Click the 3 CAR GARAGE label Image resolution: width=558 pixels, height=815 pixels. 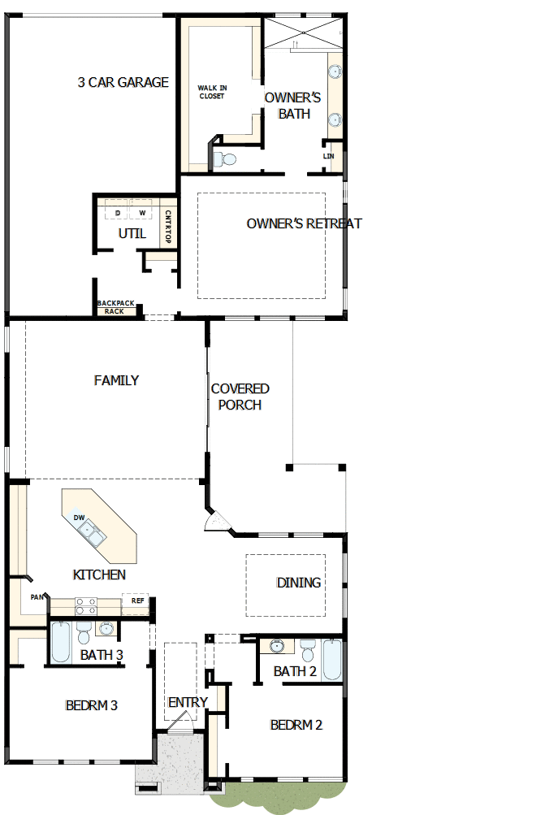point(123,82)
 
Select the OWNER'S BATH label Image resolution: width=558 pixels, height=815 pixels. point(293,106)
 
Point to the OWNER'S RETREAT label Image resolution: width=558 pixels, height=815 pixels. point(304,223)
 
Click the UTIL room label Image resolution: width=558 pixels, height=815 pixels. point(132,233)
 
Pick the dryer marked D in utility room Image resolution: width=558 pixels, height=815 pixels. point(118,213)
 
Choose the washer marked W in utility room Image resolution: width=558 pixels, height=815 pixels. point(142,213)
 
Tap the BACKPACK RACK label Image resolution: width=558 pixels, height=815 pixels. point(115,307)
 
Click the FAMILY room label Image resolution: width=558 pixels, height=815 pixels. point(116,379)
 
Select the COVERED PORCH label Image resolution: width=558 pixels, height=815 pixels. point(240,397)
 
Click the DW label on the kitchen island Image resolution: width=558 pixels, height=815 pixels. point(79,518)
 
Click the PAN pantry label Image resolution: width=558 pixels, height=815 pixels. point(37,597)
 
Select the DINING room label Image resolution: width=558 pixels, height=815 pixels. point(299,583)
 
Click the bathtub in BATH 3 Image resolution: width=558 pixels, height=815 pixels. point(61,642)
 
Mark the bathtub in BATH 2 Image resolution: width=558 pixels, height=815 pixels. point(332,660)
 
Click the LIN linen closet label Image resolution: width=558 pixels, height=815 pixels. point(328,156)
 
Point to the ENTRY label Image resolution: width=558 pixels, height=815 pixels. point(188,702)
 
